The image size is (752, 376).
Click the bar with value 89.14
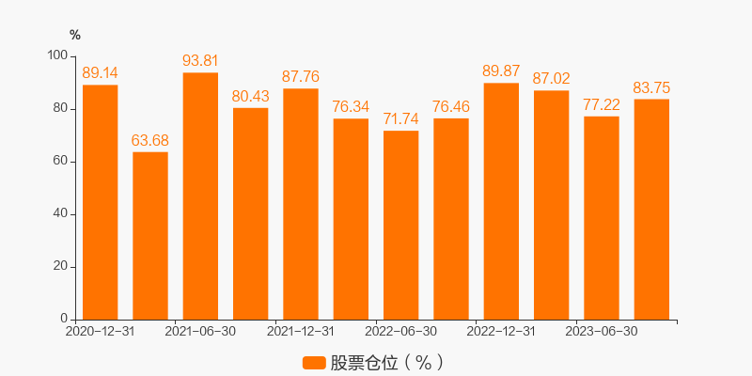[x=100, y=202]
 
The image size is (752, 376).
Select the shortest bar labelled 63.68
[x=150, y=235]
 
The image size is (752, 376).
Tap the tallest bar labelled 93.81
[x=200, y=196]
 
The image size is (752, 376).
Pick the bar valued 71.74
[x=401, y=225]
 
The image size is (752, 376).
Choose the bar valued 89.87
[x=501, y=201]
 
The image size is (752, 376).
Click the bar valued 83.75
[x=651, y=209]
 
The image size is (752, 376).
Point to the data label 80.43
[x=251, y=96]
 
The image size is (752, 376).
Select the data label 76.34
[x=351, y=107]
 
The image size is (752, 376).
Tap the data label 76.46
[x=451, y=106]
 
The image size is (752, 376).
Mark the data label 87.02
[x=552, y=79]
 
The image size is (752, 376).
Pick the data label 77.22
[x=602, y=104]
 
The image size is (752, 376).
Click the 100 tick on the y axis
[x=57, y=56]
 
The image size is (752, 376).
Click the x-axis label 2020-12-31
[x=100, y=332]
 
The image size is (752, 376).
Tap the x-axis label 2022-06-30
[x=401, y=332]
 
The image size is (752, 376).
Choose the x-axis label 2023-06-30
[x=602, y=332]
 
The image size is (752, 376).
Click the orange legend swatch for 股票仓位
[x=314, y=363]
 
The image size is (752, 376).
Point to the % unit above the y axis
[x=75, y=36]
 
